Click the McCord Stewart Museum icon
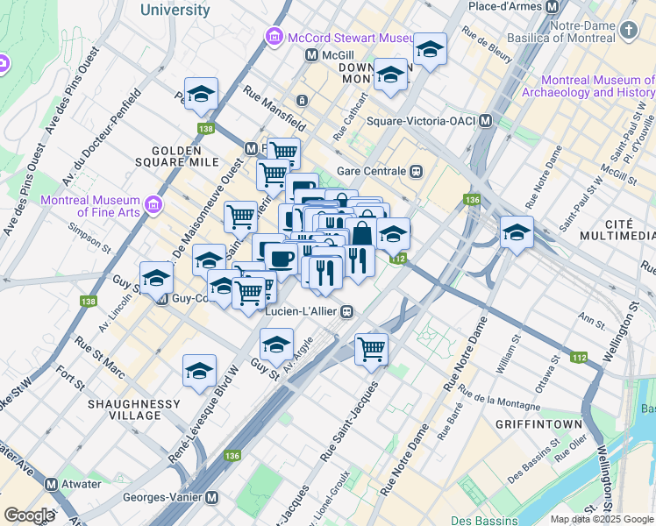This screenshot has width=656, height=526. pyautogui.click(x=274, y=38)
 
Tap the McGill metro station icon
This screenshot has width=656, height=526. pyautogui.click(x=310, y=55)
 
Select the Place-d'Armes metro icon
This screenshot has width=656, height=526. pyautogui.click(x=552, y=7)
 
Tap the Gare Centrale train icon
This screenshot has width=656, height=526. pyautogui.click(x=417, y=171)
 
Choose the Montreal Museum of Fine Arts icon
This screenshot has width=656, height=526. pyautogui.click(x=154, y=204)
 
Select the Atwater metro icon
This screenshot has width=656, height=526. pyautogui.click(x=51, y=484)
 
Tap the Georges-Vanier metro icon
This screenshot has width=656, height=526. pyautogui.click(x=211, y=497)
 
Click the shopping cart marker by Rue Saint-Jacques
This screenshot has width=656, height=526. pyautogui.click(x=371, y=348)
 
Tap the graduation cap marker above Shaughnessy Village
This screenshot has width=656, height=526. pyautogui.click(x=199, y=370)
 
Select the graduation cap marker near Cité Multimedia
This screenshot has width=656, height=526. pyautogui.click(x=517, y=232)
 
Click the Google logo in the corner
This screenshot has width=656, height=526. pyautogui.click(x=29, y=515)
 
